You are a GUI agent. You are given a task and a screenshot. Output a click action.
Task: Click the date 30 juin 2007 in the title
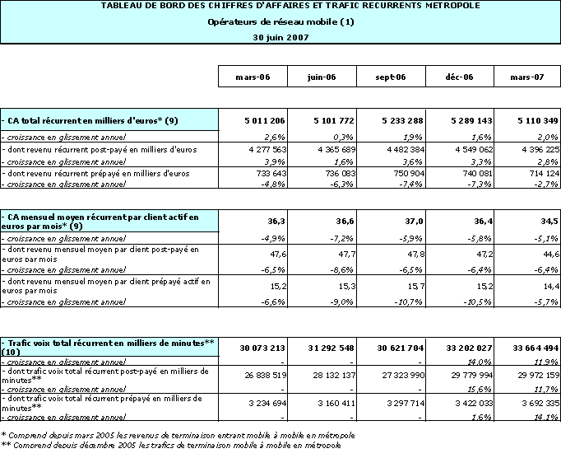pos(280,37)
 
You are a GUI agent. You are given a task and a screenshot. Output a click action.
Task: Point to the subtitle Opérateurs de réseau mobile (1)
pos(280,21)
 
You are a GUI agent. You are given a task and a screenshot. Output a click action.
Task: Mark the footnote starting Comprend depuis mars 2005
pos(176,434)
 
